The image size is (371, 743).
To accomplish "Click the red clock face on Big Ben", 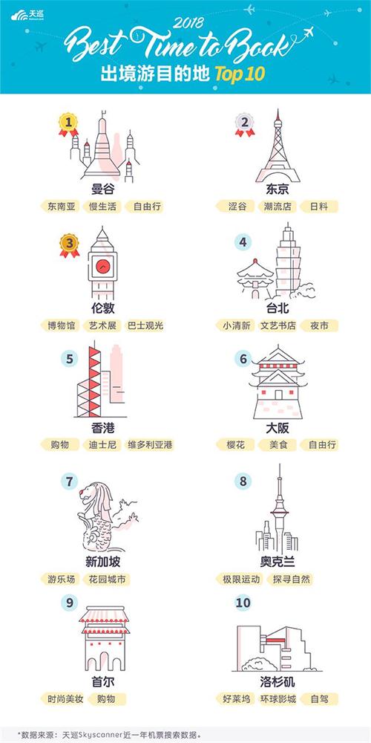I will [x=103, y=265].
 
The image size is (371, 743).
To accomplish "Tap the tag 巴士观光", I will [x=145, y=325].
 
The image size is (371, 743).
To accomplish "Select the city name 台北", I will [x=278, y=308].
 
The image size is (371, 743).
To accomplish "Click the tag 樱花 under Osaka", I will [x=235, y=444].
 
